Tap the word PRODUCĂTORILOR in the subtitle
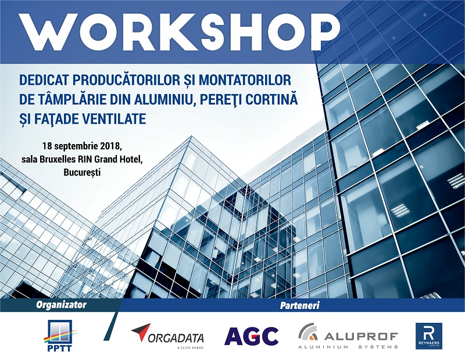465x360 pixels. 131,79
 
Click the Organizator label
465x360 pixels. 61,305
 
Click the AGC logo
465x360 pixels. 251,336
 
